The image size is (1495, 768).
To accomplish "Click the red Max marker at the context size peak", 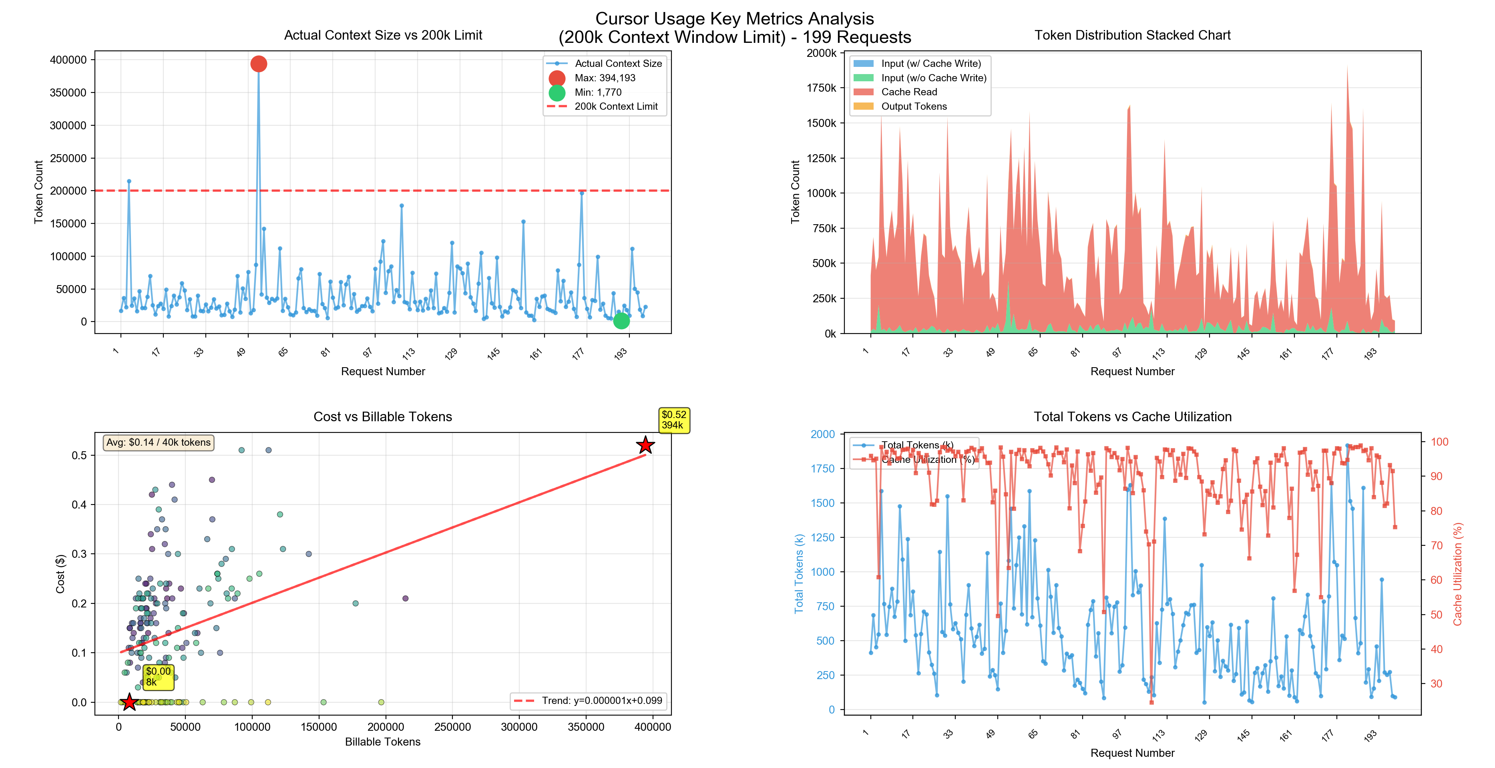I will (258, 64).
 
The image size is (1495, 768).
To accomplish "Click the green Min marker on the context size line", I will (621, 320).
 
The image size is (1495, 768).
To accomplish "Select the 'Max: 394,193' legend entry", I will (604, 78).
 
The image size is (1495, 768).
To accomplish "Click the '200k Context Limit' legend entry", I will (615, 106).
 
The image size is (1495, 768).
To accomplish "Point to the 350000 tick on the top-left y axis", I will (68, 92).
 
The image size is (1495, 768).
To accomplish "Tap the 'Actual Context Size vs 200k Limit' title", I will (383, 35).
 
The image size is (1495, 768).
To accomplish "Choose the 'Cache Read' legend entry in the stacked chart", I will (908, 92).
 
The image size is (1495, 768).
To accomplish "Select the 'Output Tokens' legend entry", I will (914, 106).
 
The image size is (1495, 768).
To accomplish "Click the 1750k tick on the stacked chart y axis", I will (821, 88).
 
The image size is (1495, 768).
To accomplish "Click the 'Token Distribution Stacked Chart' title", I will (1132, 35).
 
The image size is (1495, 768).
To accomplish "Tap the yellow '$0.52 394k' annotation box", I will (674, 420).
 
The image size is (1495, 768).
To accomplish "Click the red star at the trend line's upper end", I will (645, 445).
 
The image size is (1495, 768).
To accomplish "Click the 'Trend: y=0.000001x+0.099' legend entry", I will (601, 701).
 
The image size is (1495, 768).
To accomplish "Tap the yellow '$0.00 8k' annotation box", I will (158, 677).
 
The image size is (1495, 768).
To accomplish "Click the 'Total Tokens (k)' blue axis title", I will (799, 573).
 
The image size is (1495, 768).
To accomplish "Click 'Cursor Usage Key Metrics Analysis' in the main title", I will (734, 18).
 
